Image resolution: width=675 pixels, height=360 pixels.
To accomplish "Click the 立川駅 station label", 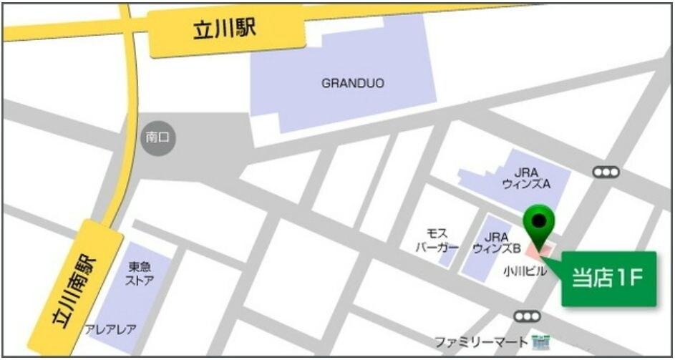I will (x=224, y=31).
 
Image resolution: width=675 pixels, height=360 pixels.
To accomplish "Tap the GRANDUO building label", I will (x=352, y=83).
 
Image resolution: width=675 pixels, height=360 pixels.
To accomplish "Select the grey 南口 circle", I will (x=157, y=137).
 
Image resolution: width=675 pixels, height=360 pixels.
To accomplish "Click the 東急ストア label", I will (x=140, y=273).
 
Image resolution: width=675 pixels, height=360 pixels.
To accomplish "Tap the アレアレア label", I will (x=110, y=329).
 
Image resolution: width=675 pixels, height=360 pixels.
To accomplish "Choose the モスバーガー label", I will (x=437, y=240).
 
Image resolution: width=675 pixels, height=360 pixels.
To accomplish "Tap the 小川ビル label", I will (x=525, y=271).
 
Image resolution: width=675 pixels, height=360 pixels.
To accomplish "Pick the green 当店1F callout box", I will (x=608, y=278).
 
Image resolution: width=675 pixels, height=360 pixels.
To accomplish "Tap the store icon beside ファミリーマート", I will (x=542, y=341).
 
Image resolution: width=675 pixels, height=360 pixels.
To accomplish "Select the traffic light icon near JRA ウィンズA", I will (x=606, y=172).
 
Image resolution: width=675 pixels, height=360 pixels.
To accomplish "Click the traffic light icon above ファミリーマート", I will (x=528, y=316).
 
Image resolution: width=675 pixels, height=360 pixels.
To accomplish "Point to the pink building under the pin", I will (x=540, y=250).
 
